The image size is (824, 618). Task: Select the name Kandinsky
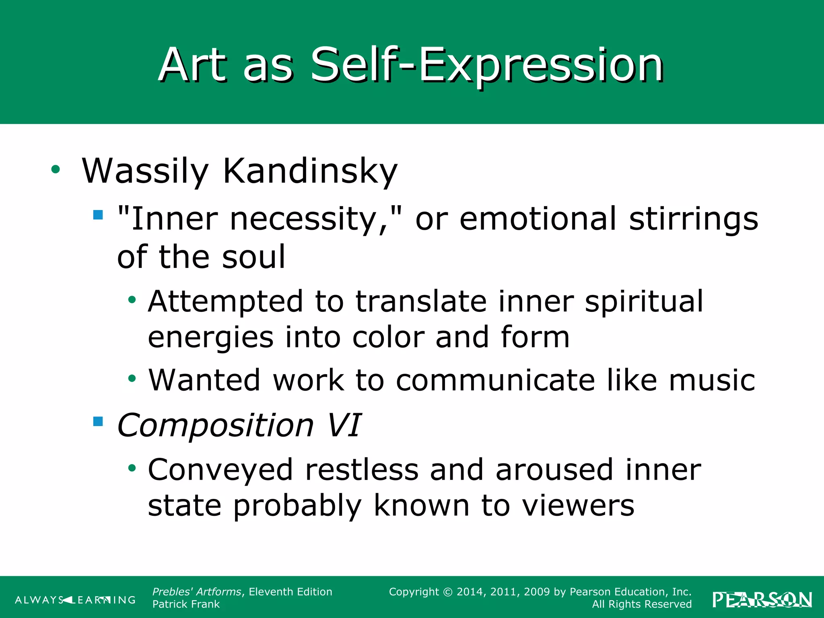coord(310,171)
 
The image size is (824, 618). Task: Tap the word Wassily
coord(145,171)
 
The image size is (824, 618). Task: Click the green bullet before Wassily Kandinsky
coord(56,169)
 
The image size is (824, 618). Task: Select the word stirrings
coord(693,220)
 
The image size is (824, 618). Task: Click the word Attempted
coord(225,301)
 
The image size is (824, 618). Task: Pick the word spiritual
coord(644,301)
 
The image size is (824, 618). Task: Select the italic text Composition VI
coord(239,425)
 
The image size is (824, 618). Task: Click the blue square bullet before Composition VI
coord(98,421)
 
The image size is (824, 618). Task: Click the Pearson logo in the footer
coord(762,599)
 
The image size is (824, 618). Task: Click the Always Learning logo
coord(75,600)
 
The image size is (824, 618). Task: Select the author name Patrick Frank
coord(186,604)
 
